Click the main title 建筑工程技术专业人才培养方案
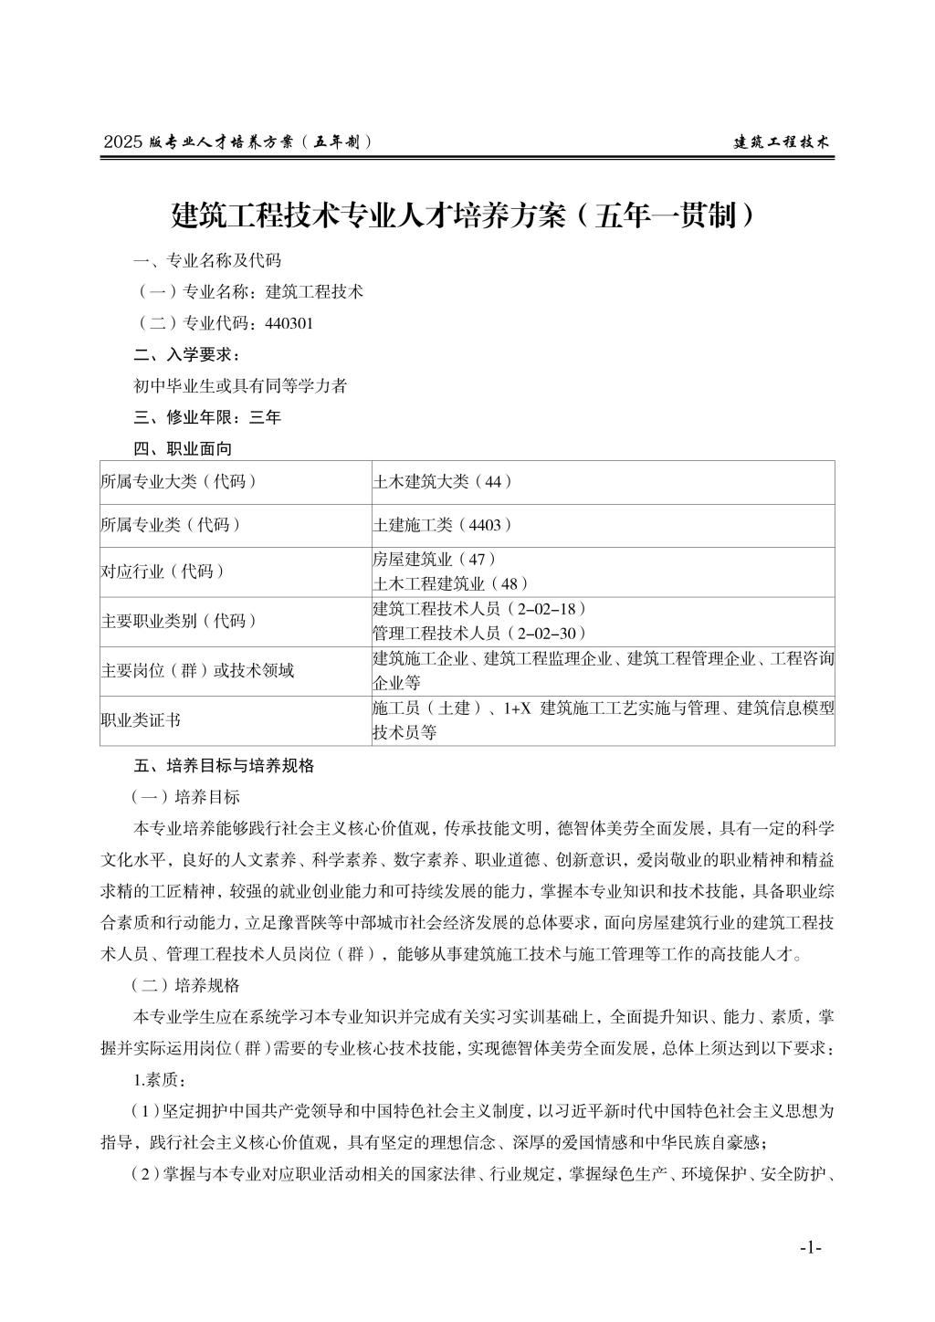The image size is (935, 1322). (466, 215)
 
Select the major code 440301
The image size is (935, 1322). (289, 323)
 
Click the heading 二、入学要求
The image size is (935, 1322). (187, 354)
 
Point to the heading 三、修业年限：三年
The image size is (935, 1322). (207, 417)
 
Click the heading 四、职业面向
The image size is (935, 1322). (183, 448)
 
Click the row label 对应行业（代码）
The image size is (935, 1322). (163, 572)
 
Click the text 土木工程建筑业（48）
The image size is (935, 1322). (450, 583)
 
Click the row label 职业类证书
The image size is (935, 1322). (141, 720)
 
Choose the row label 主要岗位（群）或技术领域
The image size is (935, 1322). (197, 671)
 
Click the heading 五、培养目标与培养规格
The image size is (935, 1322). (224, 765)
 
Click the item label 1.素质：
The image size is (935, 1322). (159, 1080)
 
